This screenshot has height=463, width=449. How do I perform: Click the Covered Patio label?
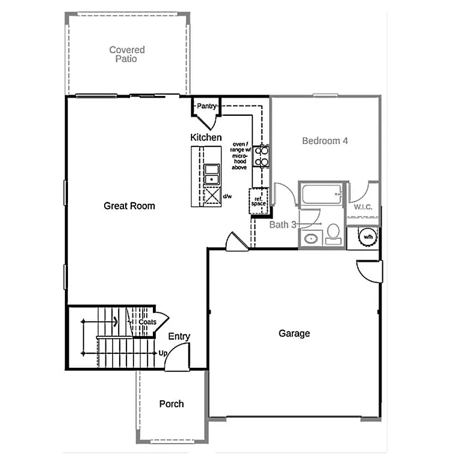point(127,54)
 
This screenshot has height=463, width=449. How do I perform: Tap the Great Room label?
point(129,206)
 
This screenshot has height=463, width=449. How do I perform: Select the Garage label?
point(294,333)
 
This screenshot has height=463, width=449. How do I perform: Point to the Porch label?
point(172,403)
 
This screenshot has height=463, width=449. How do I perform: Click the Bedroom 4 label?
point(325,141)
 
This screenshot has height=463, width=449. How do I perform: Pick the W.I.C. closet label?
point(363,207)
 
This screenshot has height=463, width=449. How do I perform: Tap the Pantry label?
point(206,106)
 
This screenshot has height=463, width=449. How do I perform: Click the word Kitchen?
point(206,137)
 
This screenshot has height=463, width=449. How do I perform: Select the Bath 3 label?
point(283,225)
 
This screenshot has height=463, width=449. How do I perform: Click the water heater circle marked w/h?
point(367,237)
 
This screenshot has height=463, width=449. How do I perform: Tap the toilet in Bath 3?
point(333,234)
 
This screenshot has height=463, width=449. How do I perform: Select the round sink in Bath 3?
point(311,238)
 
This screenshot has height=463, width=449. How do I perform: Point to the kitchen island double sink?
point(211,174)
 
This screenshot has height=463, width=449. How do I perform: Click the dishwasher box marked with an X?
point(211,197)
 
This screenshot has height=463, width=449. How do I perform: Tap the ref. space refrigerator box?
point(259,201)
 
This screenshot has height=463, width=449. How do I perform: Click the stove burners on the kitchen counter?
point(262,156)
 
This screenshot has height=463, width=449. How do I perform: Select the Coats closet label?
point(147,322)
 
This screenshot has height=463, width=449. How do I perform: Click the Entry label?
point(179,336)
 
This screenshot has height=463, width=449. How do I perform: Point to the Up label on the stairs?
point(163,353)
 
